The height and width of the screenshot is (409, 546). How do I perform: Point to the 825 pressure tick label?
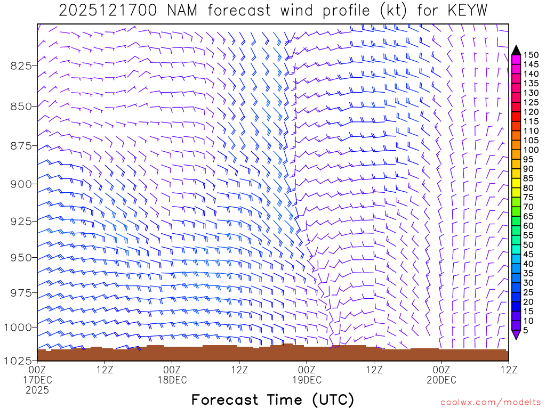(21, 66)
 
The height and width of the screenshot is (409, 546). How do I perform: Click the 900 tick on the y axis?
(21, 184)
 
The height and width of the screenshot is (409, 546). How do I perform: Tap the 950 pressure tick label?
(21, 257)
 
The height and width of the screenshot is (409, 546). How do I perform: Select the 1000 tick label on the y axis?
(19, 326)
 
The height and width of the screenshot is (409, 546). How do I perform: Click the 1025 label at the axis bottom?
(19, 361)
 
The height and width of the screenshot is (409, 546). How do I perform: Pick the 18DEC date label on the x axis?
(172, 380)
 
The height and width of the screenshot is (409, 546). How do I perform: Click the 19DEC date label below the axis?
(307, 380)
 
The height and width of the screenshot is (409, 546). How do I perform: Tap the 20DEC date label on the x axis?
(441, 380)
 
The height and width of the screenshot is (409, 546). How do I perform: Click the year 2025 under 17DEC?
(37, 390)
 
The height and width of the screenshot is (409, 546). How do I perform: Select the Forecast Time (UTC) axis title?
(272, 399)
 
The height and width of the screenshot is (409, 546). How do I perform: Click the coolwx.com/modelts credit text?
(489, 400)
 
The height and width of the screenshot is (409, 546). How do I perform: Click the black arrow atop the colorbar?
(516, 50)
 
